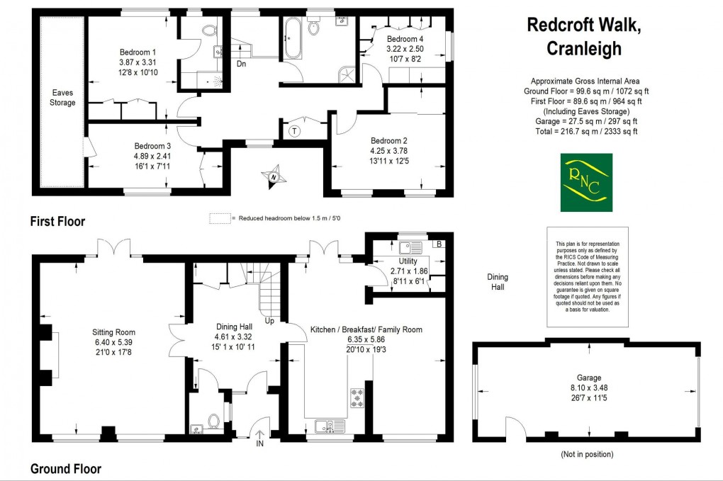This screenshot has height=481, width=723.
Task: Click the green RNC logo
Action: [x=585, y=183]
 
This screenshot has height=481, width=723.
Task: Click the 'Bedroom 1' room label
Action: [x=138, y=52]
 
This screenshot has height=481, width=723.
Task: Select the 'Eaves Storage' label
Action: [x=62, y=98]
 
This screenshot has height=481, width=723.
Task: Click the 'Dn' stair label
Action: [x=242, y=64]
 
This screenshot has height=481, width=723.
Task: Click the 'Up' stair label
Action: [x=271, y=321]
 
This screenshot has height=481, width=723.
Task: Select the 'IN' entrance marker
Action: [x=259, y=444]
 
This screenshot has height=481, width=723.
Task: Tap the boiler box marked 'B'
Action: [x=439, y=244]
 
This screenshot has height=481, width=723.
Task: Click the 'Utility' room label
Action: [x=408, y=261]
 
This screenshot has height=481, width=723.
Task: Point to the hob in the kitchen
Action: [x=355, y=398]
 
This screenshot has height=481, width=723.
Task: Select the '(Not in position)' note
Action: [x=587, y=454]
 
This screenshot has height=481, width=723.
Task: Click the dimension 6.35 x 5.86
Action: [x=365, y=339]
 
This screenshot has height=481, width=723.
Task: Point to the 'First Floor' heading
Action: [x=57, y=222]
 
